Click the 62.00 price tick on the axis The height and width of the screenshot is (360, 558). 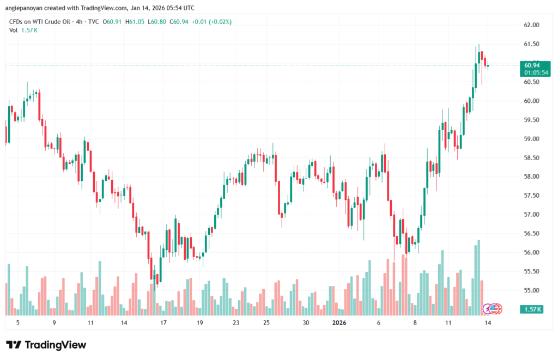[x=531, y=25]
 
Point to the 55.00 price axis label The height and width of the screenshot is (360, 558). [x=531, y=290]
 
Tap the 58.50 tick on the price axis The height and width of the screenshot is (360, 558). [x=531, y=158]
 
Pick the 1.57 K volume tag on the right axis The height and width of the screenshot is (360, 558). [x=532, y=309]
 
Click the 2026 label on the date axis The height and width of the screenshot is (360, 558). [x=339, y=323]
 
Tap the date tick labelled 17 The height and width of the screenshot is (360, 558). [x=163, y=323]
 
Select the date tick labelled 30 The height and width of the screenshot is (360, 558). [x=306, y=323]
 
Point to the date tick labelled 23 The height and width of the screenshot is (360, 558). [x=236, y=323]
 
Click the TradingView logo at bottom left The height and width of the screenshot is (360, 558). [x=46, y=345]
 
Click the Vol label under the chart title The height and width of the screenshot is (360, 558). [x=14, y=30]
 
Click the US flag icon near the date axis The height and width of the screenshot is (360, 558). [x=493, y=309]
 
